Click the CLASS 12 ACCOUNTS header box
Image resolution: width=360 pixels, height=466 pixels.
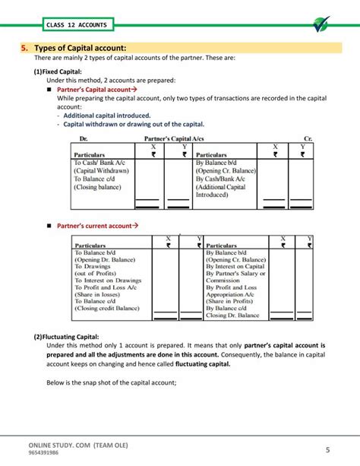coord(77,25)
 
